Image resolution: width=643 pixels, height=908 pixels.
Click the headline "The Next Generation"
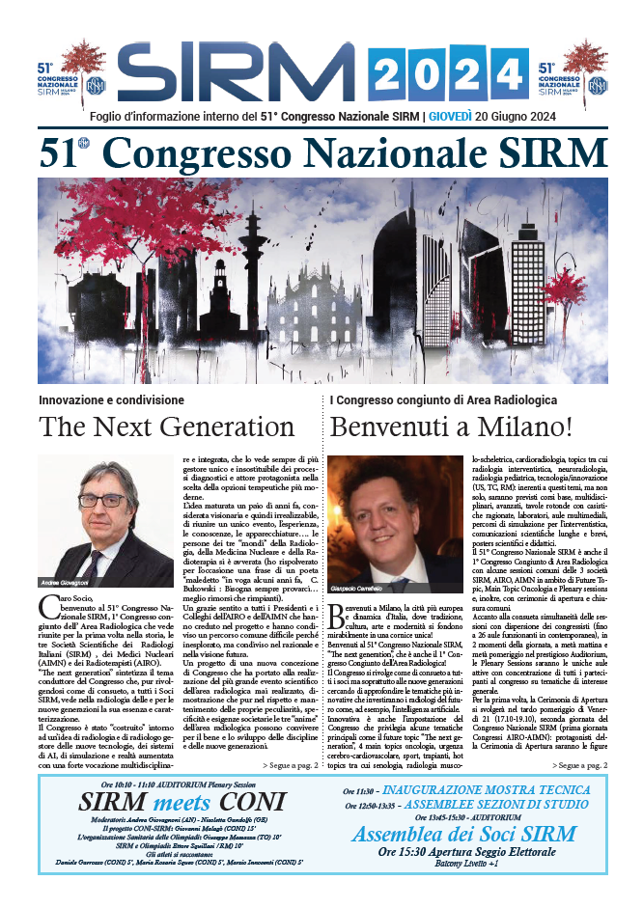[166, 426]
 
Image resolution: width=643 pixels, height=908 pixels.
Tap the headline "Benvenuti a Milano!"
[465, 426]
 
